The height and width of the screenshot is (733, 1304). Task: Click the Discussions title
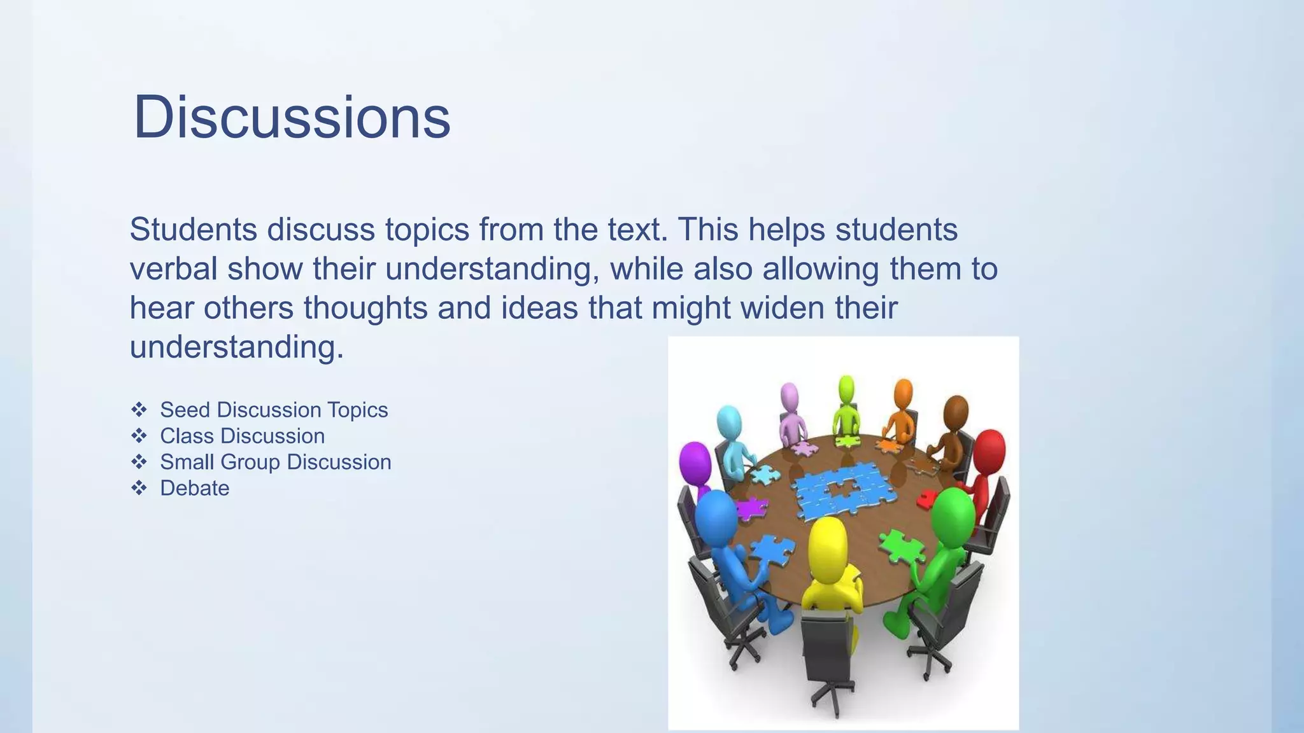[292, 117]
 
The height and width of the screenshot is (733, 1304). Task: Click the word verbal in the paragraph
[173, 269]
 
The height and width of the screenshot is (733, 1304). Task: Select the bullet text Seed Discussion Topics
[274, 410]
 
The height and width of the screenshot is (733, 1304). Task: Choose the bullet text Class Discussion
[242, 436]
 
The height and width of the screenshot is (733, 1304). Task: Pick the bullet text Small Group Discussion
[275, 462]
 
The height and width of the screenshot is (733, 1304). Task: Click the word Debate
[194, 488]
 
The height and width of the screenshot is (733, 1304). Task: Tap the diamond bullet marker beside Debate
[139, 488]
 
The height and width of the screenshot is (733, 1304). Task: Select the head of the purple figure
[694, 461]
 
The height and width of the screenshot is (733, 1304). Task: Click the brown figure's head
[956, 412]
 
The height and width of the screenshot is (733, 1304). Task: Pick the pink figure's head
[790, 396]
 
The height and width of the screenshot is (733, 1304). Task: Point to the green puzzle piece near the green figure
[901, 547]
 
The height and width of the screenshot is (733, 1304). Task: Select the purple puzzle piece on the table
[751, 508]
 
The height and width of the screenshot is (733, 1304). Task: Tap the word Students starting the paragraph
[193, 230]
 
